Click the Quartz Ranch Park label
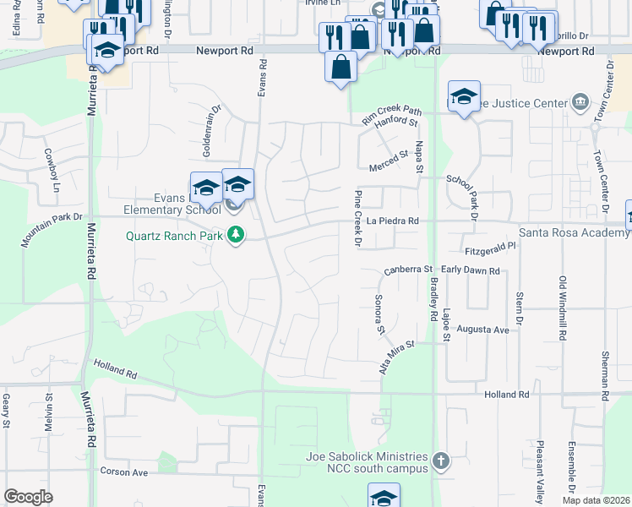[x=174, y=236]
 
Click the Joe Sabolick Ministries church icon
[x=439, y=461]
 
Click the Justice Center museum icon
[x=580, y=104]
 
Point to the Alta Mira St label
[x=396, y=357]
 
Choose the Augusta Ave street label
[x=482, y=329]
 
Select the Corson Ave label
[x=123, y=472]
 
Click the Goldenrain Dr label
[x=210, y=130]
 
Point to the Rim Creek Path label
[x=391, y=114]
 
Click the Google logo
[x=28, y=497]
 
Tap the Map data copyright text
[x=596, y=500]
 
